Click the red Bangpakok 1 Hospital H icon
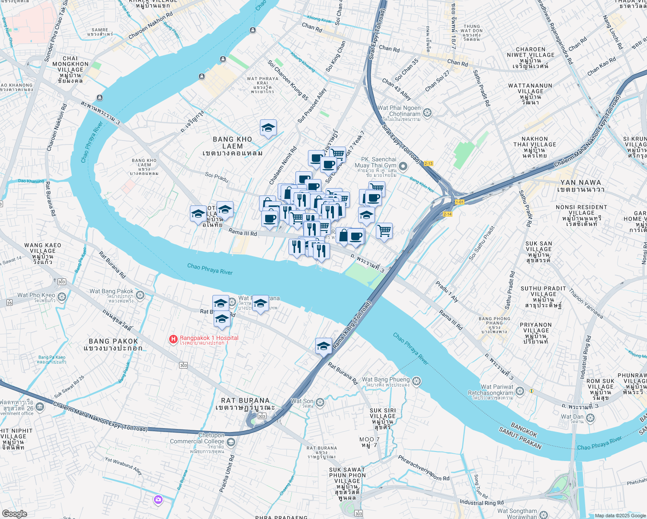click(173, 340)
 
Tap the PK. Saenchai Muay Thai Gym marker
click(403, 166)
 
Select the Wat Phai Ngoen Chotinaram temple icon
click(427, 113)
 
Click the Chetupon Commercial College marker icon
click(231, 442)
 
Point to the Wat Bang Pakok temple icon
click(140, 295)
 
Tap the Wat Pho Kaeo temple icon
click(62, 297)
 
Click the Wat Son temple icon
click(320, 403)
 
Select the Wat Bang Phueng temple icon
click(416, 381)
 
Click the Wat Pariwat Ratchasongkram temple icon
click(520, 391)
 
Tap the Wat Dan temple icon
click(590, 418)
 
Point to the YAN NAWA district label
click(580, 186)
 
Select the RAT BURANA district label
click(245, 404)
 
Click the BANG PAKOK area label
click(113, 344)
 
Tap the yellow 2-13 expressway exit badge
click(428, 163)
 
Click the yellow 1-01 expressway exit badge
click(459, 202)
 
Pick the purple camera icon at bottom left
click(158, 500)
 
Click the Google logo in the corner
click(14, 513)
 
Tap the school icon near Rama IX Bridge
click(323, 346)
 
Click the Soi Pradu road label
click(216, 177)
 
